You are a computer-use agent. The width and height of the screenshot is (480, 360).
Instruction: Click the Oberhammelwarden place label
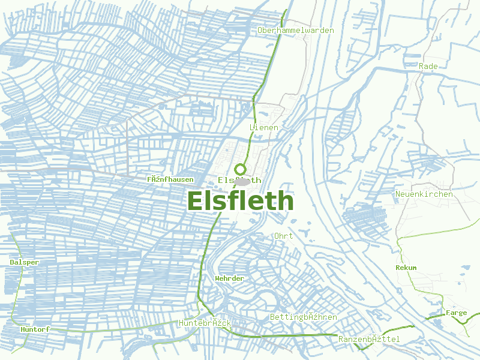click(295, 30)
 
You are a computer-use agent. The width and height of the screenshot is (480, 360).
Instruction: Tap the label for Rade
click(428, 66)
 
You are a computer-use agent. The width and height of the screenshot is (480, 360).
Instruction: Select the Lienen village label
click(263, 128)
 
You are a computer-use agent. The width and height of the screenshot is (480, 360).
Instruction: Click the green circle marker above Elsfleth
click(241, 169)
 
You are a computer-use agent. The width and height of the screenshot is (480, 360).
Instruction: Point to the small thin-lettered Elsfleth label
click(239, 180)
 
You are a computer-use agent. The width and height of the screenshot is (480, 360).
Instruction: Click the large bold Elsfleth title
click(241, 201)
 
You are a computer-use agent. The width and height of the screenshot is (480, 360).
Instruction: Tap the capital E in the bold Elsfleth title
click(196, 201)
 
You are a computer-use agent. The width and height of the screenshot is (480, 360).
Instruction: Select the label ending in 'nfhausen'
click(170, 179)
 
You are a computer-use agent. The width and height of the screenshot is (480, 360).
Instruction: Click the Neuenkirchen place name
click(424, 194)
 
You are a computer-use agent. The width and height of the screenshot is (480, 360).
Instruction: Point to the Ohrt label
click(283, 236)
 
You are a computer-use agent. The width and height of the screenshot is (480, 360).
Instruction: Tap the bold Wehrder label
click(229, 278)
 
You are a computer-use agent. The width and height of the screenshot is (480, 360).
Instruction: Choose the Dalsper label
click(24, 262)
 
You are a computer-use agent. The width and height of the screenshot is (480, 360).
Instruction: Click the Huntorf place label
click(34, 329)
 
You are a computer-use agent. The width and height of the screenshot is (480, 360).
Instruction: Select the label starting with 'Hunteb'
click(205, 323)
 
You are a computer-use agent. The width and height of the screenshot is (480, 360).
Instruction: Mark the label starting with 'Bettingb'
click(303, 317)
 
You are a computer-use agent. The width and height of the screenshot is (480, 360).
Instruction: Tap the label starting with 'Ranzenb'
click(368, 340)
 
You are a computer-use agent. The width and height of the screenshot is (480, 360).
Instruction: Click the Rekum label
click(406, 267)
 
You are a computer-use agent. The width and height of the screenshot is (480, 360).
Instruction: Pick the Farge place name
click(456, 313)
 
